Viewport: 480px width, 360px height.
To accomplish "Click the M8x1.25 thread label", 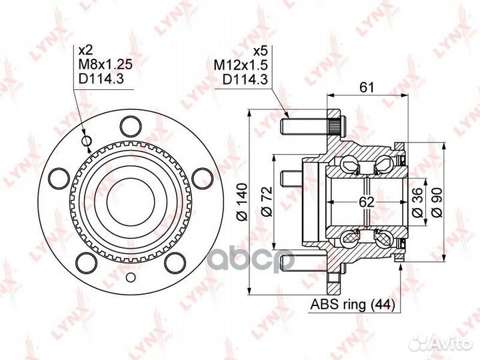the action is coord(105,64).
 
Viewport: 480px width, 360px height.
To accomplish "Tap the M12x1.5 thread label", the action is coord(241,65).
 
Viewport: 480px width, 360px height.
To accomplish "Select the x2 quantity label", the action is coord(86,50).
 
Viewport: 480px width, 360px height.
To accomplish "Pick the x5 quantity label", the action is coord(261,51).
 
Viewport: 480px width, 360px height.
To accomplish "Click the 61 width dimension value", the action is coord(367,87).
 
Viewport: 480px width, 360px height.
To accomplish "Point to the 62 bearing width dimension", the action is coord(367,202).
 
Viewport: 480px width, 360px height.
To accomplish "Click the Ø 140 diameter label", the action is coord(243,203).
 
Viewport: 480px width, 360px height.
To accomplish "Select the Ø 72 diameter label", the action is coord(267,201).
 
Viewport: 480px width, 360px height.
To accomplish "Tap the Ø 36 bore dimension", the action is coord(418,203).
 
